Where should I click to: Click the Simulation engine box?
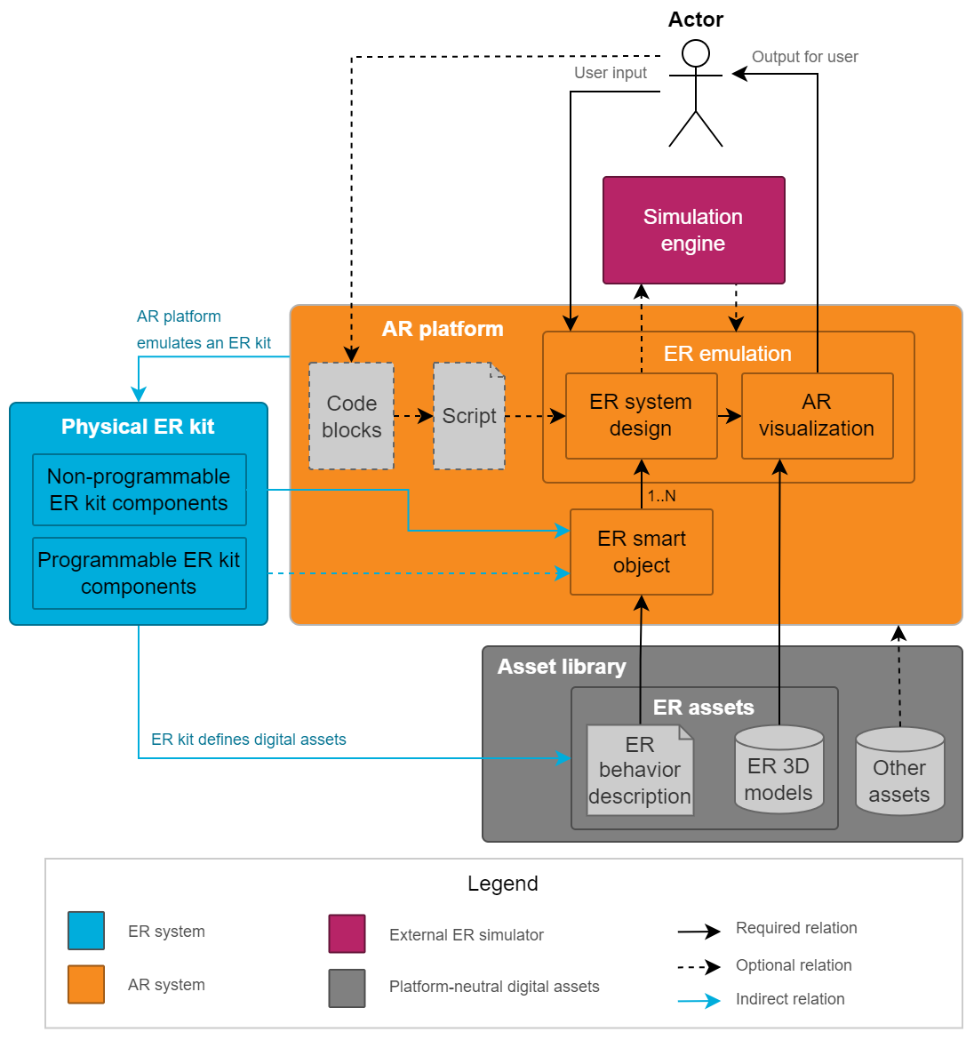tap(693, 230)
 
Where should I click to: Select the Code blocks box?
tap(351, 416)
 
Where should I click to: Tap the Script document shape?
tap(468, 416)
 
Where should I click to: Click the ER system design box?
tap(641, 415)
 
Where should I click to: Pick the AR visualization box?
tap(817, 415)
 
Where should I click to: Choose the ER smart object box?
tap(641, 552)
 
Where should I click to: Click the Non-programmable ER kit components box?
tap(139, 490)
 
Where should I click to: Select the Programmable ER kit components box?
tap(139, 573)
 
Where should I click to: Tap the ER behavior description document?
tap(640, 771)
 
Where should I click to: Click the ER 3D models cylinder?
tap(778, 770)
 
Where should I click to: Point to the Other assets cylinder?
tap(899, 772)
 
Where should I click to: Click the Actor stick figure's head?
tap(696, 54)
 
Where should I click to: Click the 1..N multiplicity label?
tap(661, 496)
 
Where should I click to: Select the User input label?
tap(610, 73)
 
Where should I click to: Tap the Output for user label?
tap(804, 57)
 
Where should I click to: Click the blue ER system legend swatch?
tap(86, 931)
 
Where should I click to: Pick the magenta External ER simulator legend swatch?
tap(347, 933)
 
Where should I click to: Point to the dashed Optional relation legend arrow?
tap(699, 966)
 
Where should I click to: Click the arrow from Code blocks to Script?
tap(413, 416)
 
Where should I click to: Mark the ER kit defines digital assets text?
tap(248, 740)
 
